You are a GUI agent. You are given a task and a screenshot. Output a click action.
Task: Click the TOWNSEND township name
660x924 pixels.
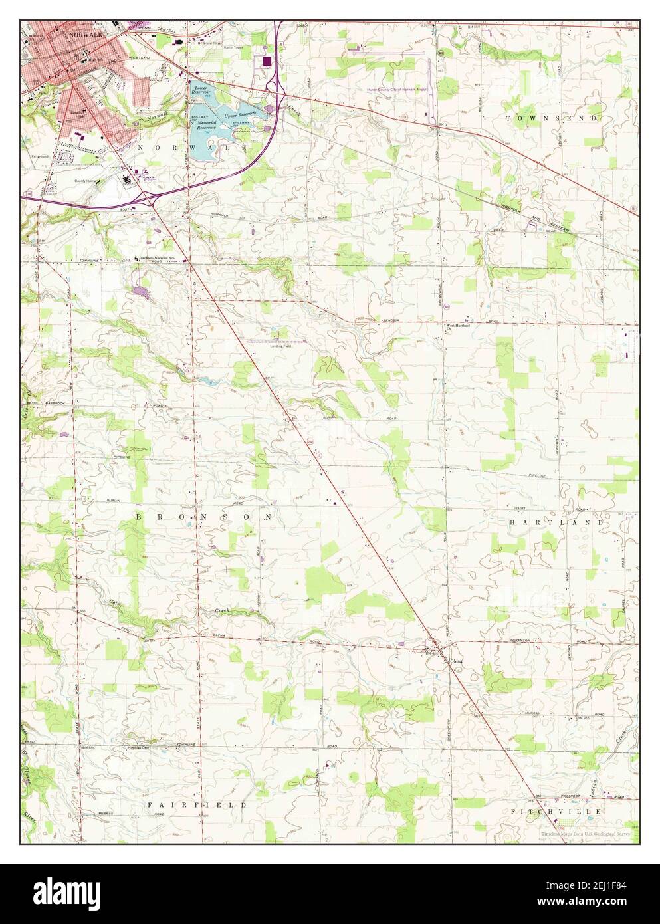tap(553, 118)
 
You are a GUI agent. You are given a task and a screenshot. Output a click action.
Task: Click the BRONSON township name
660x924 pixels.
tap(204, 516)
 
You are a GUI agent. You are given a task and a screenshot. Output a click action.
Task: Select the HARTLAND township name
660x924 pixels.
tap(557, 522)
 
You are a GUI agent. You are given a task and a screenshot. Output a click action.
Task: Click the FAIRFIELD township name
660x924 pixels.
tap(197, 804)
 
